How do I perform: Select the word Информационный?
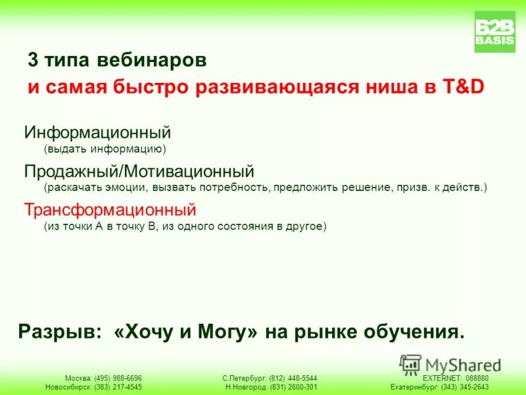(x=98, y=132)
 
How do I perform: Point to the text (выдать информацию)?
(x=105, y=149)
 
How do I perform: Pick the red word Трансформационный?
(x=110, y=210)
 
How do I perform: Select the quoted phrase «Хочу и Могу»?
(x=186, y=331)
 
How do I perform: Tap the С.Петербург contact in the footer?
(x=270, y=378)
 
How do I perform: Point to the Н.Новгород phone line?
(x=271, y=387)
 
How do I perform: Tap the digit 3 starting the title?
(x=32, y=61)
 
